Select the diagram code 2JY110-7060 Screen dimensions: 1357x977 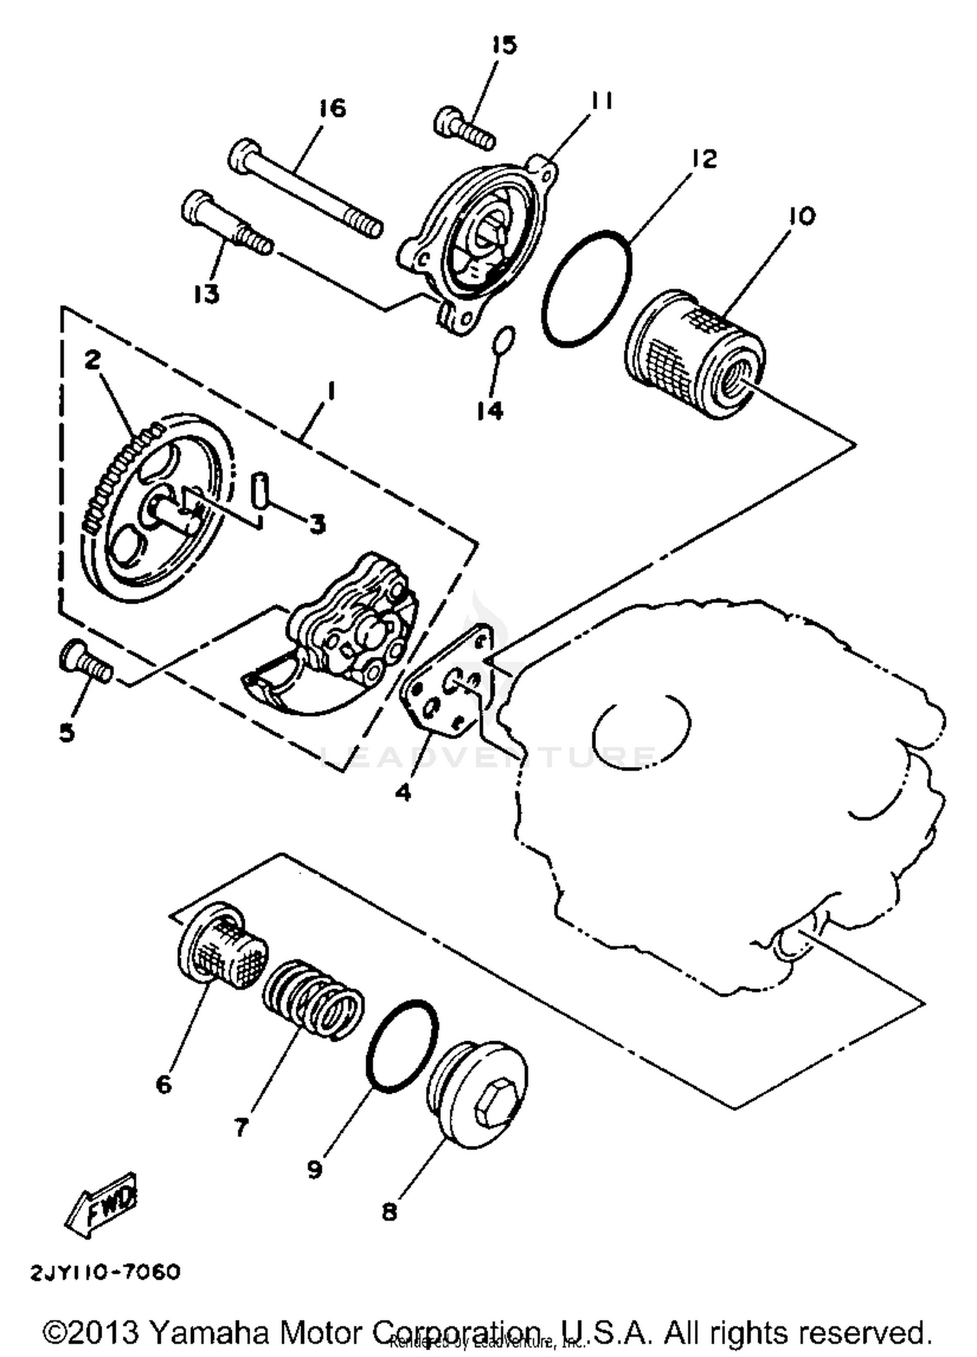[104, 1272]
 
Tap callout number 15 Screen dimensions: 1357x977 [503, 46]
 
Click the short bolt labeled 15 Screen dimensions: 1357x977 [464, 130]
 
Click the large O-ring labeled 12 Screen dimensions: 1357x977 [586, 287]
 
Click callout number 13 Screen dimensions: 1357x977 [206, 294]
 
